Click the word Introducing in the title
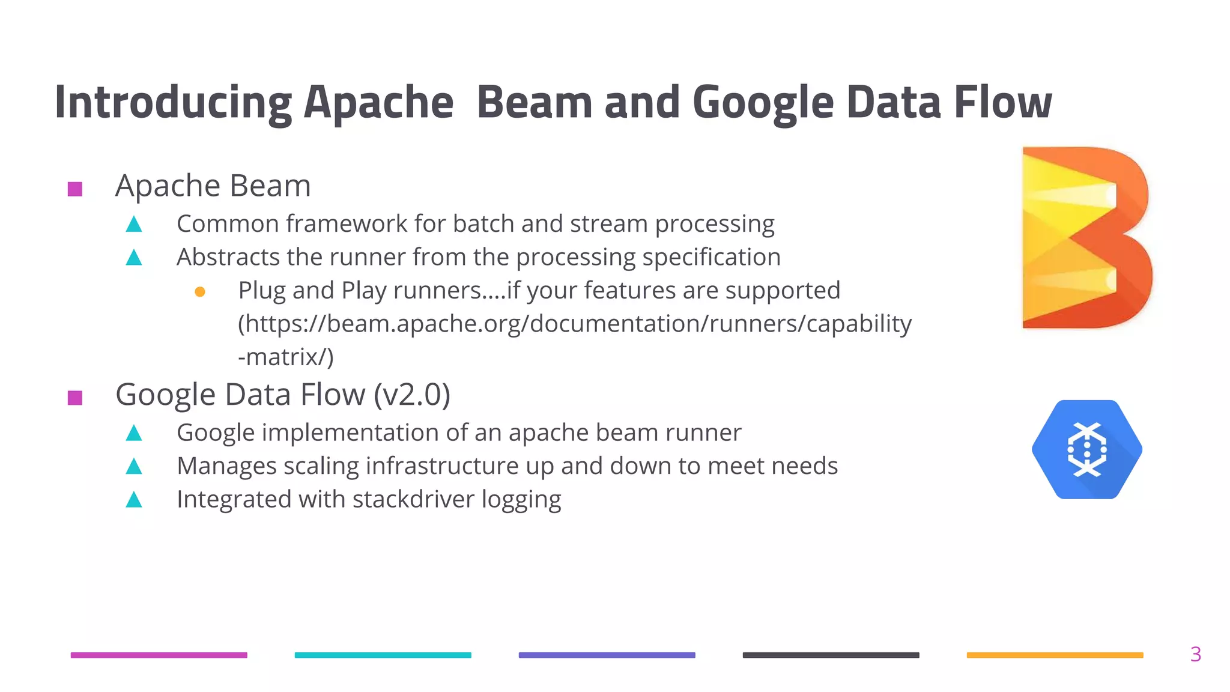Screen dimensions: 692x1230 pyautogui.click(x=172, y=102)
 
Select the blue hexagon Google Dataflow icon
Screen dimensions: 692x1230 pyautogui.click(x=1086, y=449)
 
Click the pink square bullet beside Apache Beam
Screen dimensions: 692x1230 pyautogui.click(x=75, y=189)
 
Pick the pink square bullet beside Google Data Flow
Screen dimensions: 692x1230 pyautogui.click(x=75, y=398)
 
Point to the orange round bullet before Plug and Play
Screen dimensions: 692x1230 pyautogui.click(x=200, y=292)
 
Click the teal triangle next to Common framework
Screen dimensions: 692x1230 pyautogui.click(x=134, y=225)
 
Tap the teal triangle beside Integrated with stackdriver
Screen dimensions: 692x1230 pyautogui.click(x=134, y=500)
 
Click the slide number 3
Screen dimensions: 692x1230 pyautogui.click(x=1195, y=654)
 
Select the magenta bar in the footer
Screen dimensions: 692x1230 pyautogui.click(x=159, y=655)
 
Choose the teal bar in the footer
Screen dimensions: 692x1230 pyautogui.click(x=383, y=655)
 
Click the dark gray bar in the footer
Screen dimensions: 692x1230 pyautogui.click(x=831, y=655)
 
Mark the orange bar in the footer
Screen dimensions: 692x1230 pyautogui.click(x=1055, y=655)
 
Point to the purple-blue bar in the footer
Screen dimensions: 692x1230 pyautogui.click(x=607, y=655)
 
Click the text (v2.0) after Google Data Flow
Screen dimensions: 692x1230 pyautogui.click(x=411, y=395)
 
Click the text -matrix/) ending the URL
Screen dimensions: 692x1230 pyautogui.click(x=285, y=357)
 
